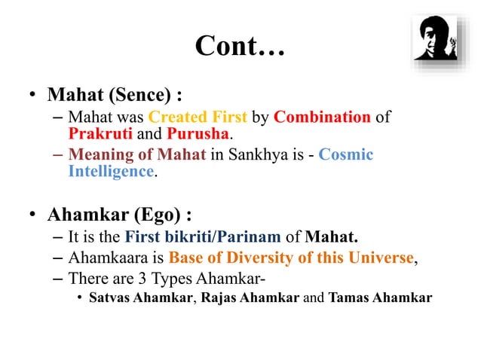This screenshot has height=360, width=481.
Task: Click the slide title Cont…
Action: click(x=240, y=46)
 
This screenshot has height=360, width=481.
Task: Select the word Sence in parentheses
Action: click(x=140, y=96)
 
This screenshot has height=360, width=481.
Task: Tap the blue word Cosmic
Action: click(x=346, y=154)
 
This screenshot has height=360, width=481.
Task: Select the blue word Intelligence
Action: click(x=111, y=171)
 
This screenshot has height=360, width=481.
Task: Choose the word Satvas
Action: click(x=109, y=297)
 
